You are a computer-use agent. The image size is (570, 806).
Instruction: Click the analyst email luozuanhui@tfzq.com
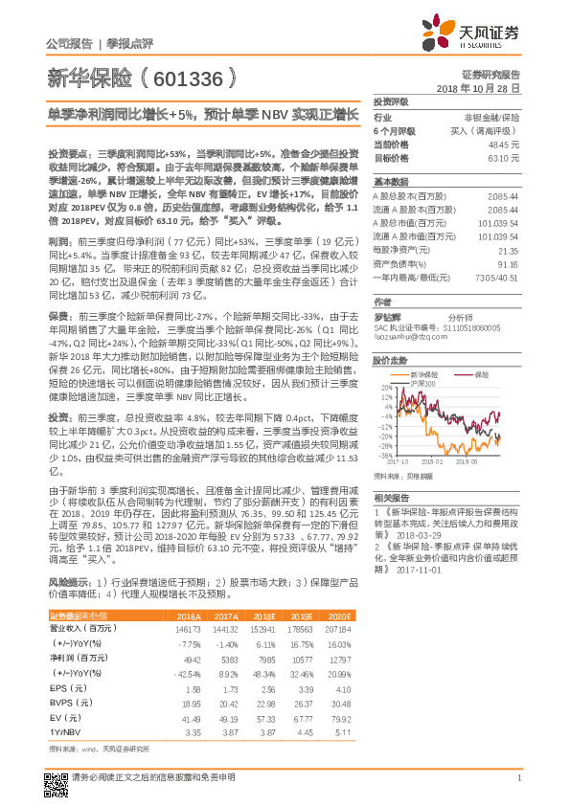tap(412, 337)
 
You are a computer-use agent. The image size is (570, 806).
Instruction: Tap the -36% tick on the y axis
tap(385, 456)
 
